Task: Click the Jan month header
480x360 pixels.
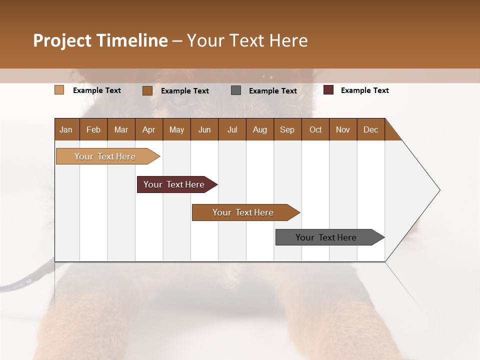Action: (66, 129)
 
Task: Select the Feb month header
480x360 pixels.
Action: (93, 129)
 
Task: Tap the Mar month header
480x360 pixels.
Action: (121, 129)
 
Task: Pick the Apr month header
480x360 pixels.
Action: (148, 129)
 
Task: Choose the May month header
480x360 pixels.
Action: (176, 129)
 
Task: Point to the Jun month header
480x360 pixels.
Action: (204, 129)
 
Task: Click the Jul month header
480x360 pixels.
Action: (232, 129)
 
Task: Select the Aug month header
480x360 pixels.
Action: (259, 129)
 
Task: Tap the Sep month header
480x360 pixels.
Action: (287, 129)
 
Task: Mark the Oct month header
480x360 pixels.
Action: (315, 129)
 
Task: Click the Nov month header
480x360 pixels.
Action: (343, 129)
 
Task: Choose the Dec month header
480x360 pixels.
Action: (370, 129)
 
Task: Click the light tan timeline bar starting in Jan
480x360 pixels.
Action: (105, 156)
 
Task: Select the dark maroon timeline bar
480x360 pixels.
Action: (174, 184)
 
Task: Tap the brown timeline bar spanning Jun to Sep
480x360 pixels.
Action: (243, 212)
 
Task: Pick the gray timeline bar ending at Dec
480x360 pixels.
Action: (326, 237)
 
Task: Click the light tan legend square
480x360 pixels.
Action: (59, 90)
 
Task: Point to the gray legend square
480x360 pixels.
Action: (236, 90)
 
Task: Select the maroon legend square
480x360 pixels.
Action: (328, 90)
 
